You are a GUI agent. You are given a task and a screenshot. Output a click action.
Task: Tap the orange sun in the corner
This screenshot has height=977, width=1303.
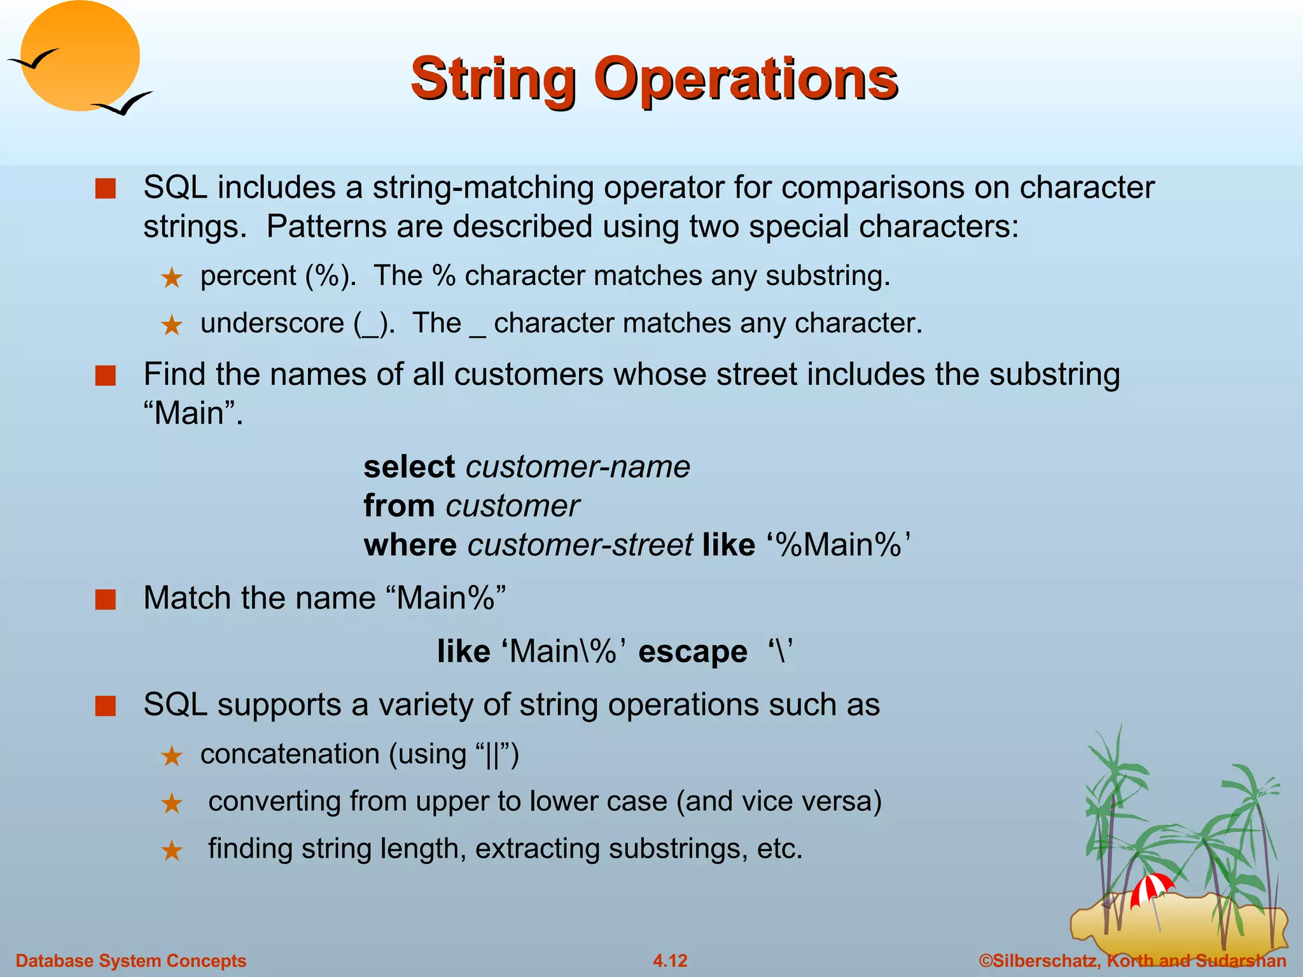pyautogui.click(x=80, y=56)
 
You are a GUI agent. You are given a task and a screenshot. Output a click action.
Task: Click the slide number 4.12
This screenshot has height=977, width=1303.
pyautogui.click(x=670, y=960)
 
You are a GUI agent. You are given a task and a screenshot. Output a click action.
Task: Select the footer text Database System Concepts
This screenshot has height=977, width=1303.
pyautogui.click(x=130, y=960)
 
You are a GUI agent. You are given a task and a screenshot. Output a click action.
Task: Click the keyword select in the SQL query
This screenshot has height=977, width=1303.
pyautogui.click(x=408, y=467)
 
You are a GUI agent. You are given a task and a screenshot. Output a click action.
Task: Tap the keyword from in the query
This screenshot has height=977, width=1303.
pyautogui.click(x=399, y=506)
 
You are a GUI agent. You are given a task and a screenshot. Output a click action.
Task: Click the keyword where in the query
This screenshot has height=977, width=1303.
pyautogui.click(x=410, y=546)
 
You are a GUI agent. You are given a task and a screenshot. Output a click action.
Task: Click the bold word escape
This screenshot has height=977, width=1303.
pyautogui.click(x=692, y=652)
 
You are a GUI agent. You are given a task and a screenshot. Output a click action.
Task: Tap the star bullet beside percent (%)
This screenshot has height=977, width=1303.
pyautogui.click(x=172, y=278)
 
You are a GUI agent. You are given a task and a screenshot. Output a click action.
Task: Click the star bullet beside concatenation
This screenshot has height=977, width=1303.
pyautogui.click(x=172, y=756)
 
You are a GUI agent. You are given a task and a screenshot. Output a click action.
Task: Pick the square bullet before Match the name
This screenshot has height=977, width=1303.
pyautogui.click(x=106, y=599)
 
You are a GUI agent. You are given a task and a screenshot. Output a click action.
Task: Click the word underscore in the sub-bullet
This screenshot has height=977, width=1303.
pyautogui.click(x=272, y=323)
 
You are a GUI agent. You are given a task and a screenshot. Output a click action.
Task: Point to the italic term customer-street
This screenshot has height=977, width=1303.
pyautogui.click(x=580, y=546)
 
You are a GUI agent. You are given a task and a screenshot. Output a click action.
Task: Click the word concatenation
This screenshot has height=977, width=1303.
pyautogui.click(x=289, y=754)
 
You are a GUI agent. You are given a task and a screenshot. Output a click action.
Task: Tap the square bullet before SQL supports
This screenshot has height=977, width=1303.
pyautogui.click(x=106, y=706)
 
